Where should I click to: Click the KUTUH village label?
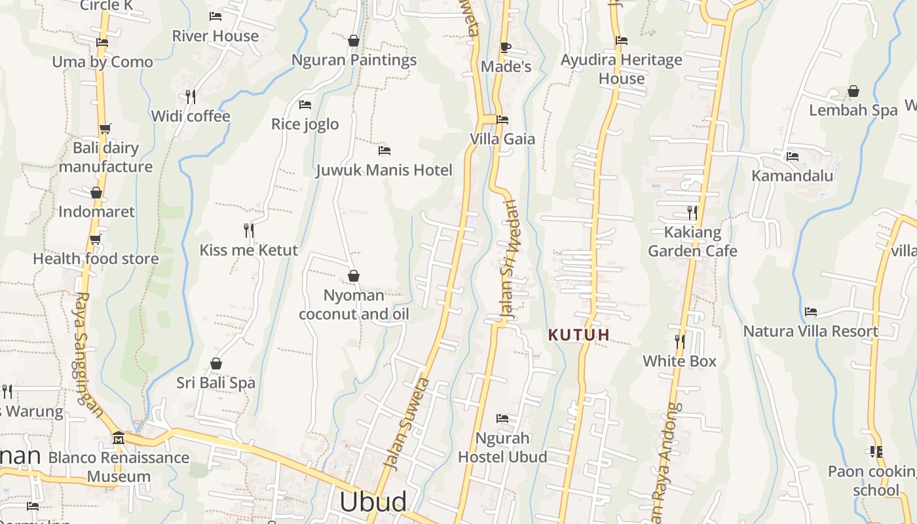point(578,335)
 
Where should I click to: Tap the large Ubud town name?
point(373,502)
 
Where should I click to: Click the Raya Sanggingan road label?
point(87,354)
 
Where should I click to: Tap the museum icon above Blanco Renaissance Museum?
point(119,438)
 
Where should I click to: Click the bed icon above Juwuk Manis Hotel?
point(384,151)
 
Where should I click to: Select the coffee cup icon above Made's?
point(505,47)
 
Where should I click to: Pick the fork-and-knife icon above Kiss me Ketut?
point(248,231)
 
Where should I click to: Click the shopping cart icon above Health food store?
point(96,239)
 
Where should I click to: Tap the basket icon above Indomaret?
point(96,193)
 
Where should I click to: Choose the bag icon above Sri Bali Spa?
point(215,364)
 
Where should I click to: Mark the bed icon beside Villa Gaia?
point(502,120)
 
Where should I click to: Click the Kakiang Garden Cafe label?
point(692,242)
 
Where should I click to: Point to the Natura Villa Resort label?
point(810,331)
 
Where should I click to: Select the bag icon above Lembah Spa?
point(853,91)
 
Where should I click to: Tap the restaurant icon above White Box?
point(680,341)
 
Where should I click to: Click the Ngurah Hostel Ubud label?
point(502,447)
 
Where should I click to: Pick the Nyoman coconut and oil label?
point(354,305)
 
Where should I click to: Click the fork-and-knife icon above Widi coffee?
point(191,97)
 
